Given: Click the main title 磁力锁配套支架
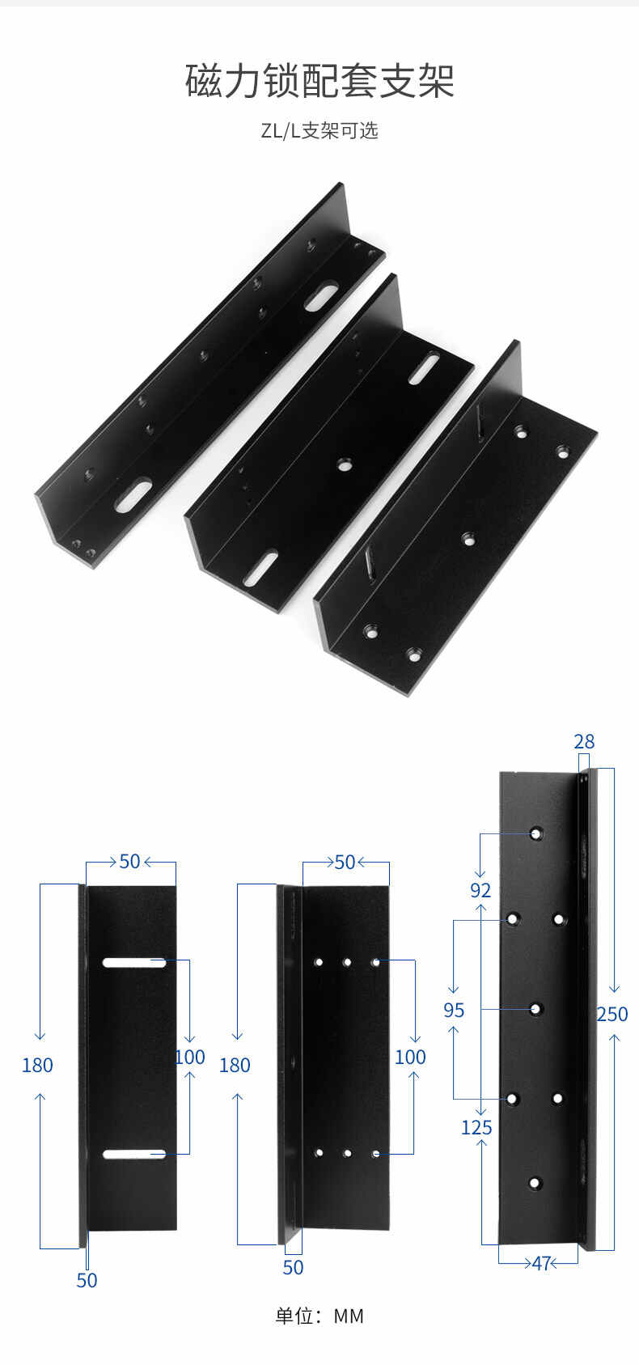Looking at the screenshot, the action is tap(319, 81).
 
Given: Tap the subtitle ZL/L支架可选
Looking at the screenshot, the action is tap(319, 130).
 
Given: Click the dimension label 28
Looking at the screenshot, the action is tap(583, 742).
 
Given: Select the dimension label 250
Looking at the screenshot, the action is tap(612, 1014).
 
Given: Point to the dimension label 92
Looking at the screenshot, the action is tap(480, 891).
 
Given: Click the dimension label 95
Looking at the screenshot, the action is tap(454, 1011).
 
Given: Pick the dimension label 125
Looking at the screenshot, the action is tap(476, 1127).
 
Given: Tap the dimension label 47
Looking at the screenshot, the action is tap(542, 1263).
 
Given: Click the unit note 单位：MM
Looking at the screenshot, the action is tap(319, 1316).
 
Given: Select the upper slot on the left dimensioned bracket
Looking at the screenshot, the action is tap(134, 963).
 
